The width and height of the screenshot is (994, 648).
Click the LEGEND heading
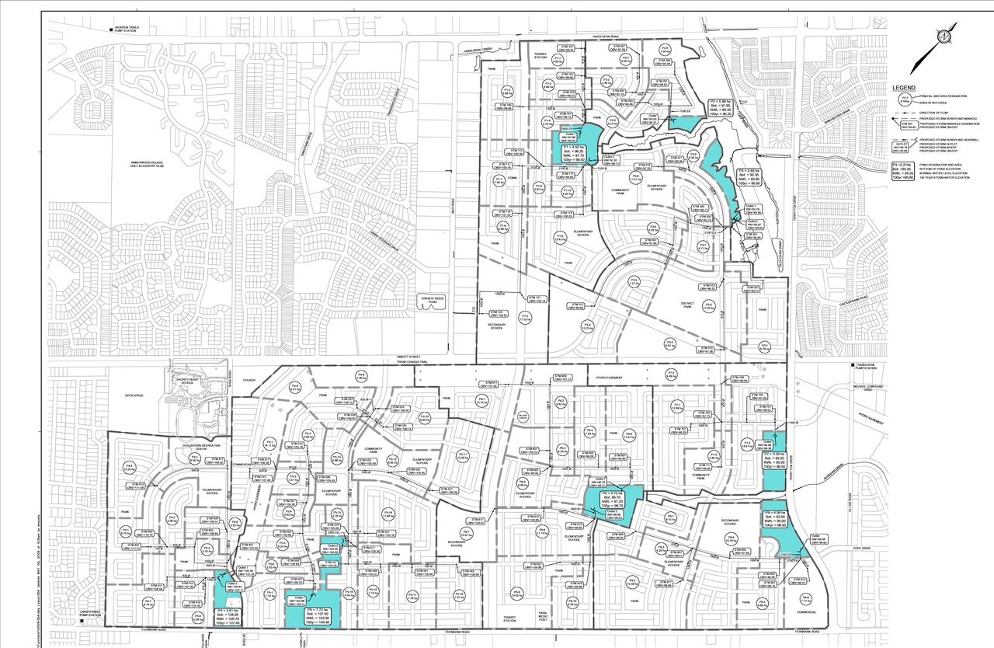coord(904,89)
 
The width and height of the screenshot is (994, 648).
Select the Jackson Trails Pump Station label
coord(128,30)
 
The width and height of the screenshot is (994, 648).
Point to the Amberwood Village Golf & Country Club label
coord(144,163)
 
